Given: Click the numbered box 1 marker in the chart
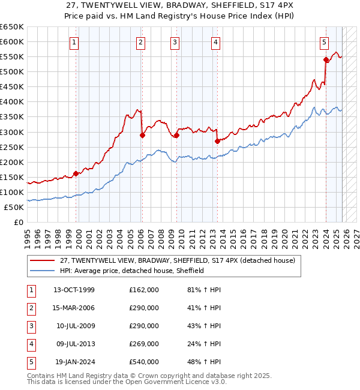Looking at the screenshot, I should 74,42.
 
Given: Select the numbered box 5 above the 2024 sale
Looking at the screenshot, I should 324,42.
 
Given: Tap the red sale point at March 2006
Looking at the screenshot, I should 142,135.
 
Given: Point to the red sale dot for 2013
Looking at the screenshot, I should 217,141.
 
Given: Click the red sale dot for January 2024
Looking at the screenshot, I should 326,59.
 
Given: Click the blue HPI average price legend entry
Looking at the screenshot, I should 132,271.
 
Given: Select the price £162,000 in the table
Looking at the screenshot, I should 144,290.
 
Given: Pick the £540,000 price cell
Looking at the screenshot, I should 144,362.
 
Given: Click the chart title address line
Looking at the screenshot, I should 180,5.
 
